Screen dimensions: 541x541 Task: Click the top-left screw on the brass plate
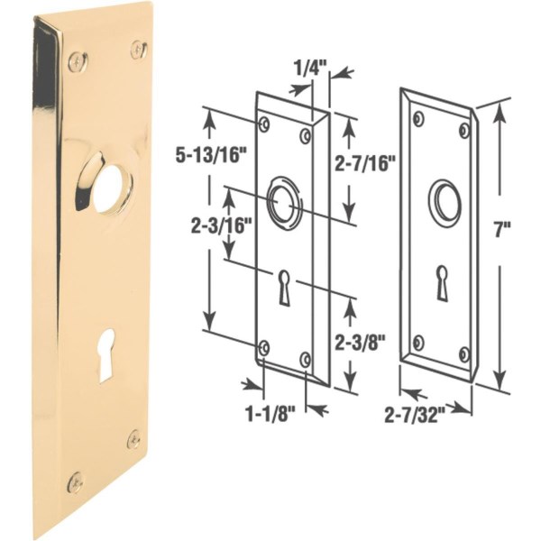(78, 62)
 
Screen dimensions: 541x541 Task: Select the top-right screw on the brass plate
(138, 49)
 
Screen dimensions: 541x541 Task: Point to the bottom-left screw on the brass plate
(76, 481)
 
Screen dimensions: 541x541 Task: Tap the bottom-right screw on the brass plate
(133, 439)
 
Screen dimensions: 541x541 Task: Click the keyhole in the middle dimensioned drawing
(284, 286)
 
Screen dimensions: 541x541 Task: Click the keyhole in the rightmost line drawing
(443, 282)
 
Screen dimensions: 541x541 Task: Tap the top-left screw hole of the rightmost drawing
(419, 117)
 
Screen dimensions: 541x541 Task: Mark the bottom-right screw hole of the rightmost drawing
(464, 353)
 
